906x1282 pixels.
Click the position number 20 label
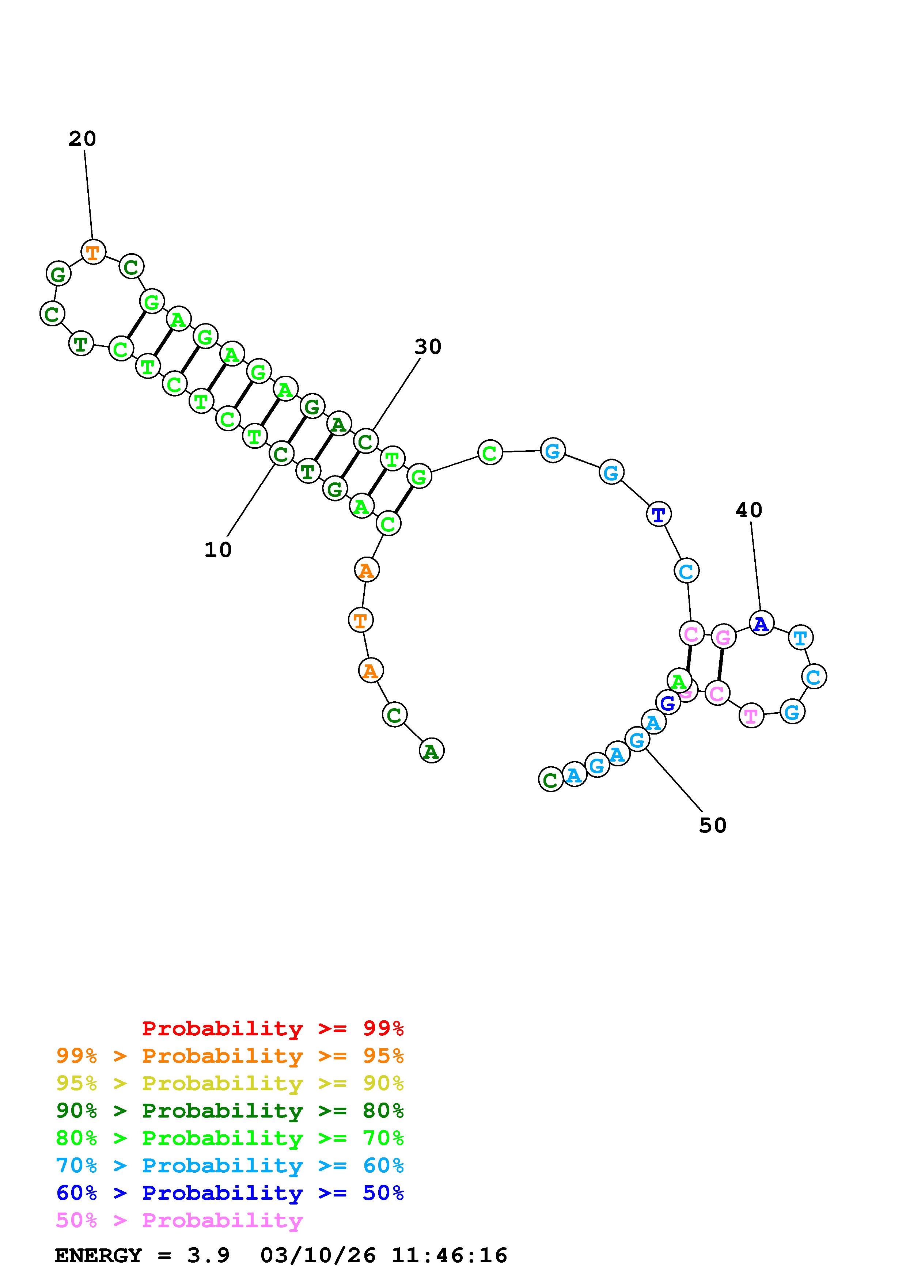coord(83,139)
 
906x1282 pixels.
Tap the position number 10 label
coord(218,550)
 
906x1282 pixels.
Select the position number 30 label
coord(428,347)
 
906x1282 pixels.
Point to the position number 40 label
coord(748,510)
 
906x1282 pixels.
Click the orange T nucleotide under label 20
coord(93,253)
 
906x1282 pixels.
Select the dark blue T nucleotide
coord(659,514)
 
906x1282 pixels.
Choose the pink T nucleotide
coord(751,716)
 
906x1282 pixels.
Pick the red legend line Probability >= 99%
coord(273,1028)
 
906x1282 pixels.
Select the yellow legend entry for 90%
coord(230,1083)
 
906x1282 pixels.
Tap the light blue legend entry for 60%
coord(230,1165)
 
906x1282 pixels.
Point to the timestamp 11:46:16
coord(450,1255)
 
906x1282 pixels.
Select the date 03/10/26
coord(318,1255)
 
